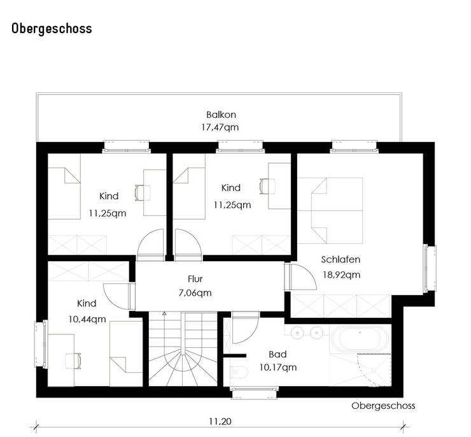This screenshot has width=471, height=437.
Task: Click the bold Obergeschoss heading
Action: click(52, 29)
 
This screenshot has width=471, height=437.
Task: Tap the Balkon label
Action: click(221, 115)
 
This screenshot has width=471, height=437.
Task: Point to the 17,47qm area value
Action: click(220, 127)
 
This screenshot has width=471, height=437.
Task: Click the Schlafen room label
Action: click(341, 259)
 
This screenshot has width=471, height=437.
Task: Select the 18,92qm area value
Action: click(342, 275)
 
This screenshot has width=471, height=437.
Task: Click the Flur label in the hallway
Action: click(195, 279)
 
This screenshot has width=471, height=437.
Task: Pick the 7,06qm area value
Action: click(195, 293)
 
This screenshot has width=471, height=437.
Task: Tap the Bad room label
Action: click(278, 354)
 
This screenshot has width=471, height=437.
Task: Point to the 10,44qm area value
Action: click(87, 319)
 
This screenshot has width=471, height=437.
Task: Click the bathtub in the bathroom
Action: click(360, 338)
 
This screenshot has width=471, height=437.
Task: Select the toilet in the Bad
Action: click(239, 373)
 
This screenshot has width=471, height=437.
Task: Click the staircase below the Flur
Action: click(183, 348)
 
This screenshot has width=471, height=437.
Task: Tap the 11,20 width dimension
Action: click(220, 422)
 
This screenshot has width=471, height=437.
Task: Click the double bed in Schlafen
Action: click(330, 210)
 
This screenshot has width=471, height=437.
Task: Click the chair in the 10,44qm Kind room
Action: click(73, 361)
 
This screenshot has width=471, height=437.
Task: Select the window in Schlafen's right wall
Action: click(430, 268)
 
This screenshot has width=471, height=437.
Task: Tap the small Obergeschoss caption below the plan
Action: click(383, 406)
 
